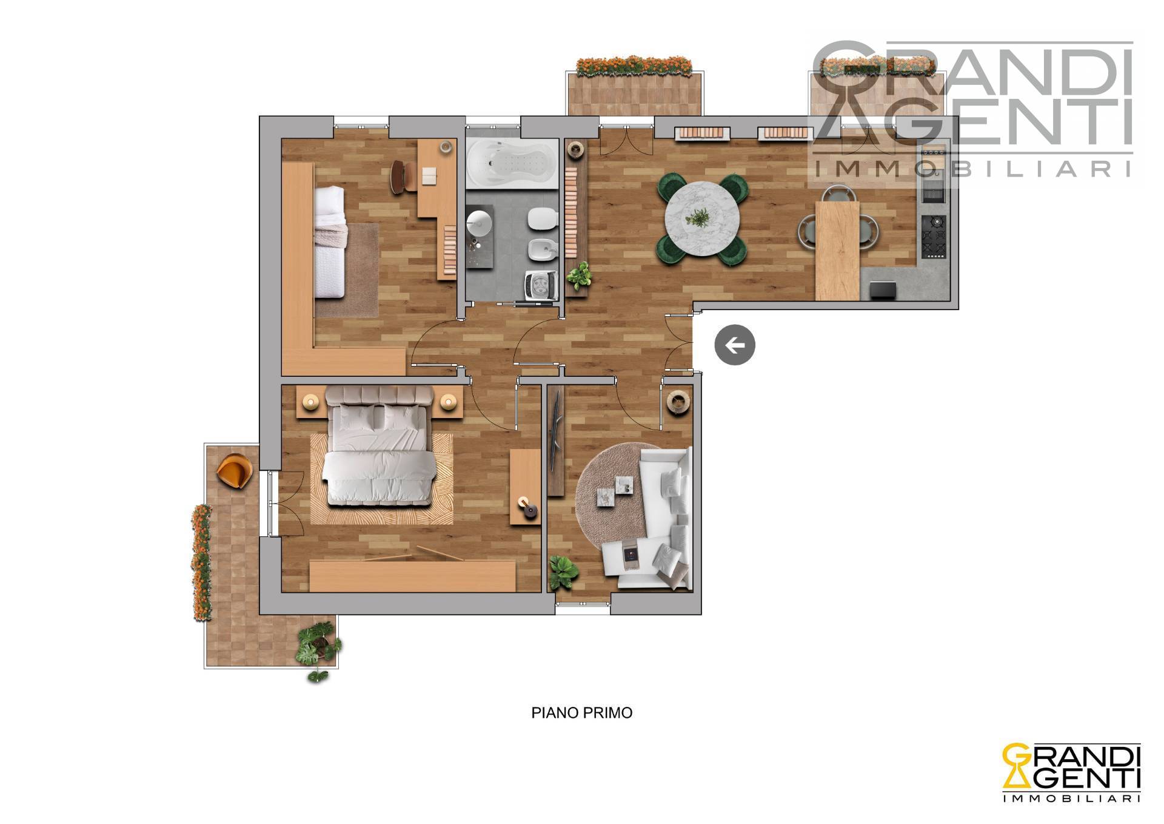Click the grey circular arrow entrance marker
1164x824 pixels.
pyautogui.click(x=735, y=345)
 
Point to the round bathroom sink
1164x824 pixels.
pyautogui.click(x=479, y=222)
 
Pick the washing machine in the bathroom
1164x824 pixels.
pyautogui.click(x=541, y=285)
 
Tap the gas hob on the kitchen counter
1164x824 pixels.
pyautogui.click(x=934, y=236)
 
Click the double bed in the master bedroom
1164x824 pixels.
pyautogui.click(x=380, y=447)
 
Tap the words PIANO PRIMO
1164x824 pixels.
pyautogui.click(x=582, y=712)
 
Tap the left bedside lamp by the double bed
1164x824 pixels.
pyautogui.click(x=310, y=402)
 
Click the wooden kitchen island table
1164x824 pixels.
pyautogui.click(x=837, y=251)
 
